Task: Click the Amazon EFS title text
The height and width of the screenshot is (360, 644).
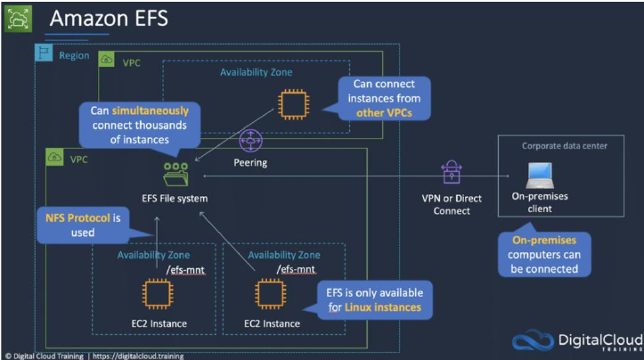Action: [109, 19]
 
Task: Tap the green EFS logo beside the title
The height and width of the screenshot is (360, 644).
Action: [18, 18]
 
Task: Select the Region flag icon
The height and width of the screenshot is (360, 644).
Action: [44, 53]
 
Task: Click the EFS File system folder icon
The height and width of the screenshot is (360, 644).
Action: [175, 175]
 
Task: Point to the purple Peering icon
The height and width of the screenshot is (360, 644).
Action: [250, 141]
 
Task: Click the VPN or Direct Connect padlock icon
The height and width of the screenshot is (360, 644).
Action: [452, 172]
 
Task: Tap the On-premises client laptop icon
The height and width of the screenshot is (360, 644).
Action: [540, 176]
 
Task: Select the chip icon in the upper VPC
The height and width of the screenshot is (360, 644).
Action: [294, 104]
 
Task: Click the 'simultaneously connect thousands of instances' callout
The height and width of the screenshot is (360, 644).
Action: [140, 125]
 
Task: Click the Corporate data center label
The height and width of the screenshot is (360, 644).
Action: [565, 146]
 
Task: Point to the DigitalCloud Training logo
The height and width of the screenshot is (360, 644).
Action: [577, 340]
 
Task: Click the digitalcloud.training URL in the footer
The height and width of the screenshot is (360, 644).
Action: [138, 356]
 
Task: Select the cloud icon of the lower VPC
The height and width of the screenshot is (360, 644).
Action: [54, 157]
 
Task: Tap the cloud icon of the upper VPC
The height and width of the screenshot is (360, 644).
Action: [106, 60]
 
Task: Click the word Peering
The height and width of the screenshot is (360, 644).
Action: [250, 163]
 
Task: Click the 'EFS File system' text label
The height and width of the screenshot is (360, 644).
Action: [175, 199]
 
